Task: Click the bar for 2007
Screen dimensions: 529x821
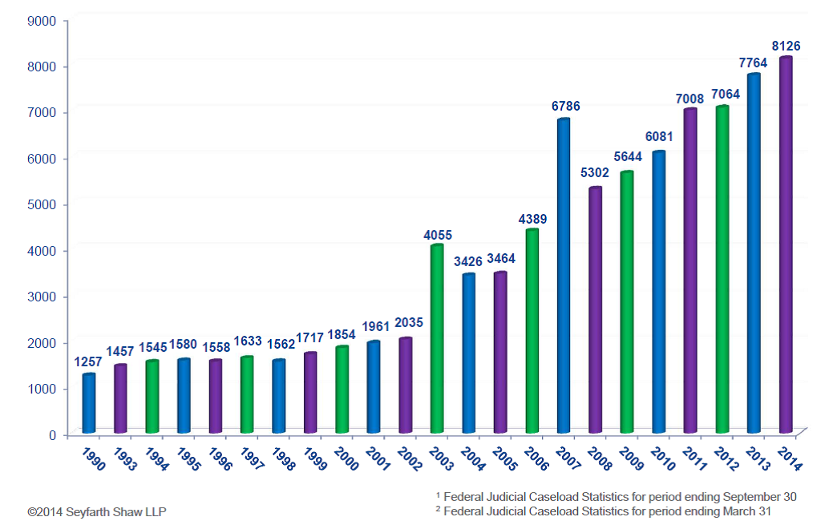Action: coord(564,277)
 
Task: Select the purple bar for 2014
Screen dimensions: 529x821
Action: coord(786,245)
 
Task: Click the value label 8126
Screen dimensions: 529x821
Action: coord(786,46)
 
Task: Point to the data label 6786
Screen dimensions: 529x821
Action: coord(565,106)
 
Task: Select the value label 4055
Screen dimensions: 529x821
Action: coord(438,235)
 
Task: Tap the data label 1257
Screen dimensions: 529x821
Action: coord(89,361)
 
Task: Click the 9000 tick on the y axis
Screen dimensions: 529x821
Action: coord(42,20)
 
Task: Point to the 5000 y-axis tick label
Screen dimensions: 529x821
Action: coord(42,204)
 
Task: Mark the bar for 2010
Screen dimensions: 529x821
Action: coord(659,293)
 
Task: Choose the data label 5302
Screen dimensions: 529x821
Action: coord(597,172)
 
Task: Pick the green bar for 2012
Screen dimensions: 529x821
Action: coord(722,270)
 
